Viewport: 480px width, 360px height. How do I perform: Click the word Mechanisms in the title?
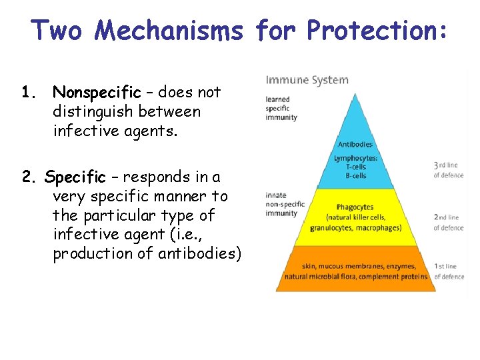point(169,30)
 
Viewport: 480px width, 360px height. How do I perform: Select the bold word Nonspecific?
point(97,91)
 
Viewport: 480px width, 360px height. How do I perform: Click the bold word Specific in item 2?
point(75,177)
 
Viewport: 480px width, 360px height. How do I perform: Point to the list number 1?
point(26,91)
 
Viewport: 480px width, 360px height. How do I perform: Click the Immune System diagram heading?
point(307,80)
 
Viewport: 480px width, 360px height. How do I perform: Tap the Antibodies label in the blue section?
point(355,145)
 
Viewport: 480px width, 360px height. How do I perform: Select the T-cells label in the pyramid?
point(355,167)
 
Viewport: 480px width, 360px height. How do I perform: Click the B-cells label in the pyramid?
point(355,175)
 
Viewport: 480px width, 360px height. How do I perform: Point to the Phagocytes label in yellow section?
point(355,207)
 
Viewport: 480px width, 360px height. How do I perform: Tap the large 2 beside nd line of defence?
point(436,217)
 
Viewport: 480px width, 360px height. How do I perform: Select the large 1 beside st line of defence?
point(436,266)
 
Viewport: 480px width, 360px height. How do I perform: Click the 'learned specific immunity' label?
point(281,109)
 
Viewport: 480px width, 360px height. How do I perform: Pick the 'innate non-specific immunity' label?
point(285,204)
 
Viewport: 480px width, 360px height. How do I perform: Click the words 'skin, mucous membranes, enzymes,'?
point(355,267)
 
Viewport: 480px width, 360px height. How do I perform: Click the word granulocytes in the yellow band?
point(332,228)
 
